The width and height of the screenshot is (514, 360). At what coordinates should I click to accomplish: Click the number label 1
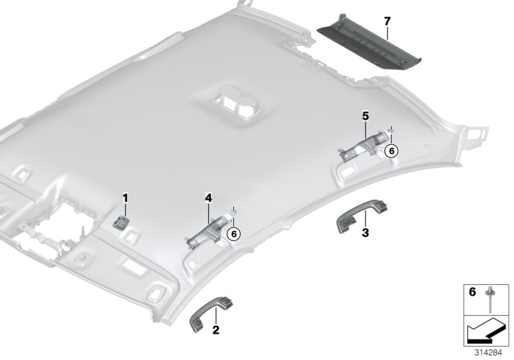click(x=126, y=197)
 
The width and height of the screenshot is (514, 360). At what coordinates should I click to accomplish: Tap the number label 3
click(x=365, y=232)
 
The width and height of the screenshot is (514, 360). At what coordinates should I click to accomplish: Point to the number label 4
click(x=208, y=199)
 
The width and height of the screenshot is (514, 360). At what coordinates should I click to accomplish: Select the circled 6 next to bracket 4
click(x=234, y=233)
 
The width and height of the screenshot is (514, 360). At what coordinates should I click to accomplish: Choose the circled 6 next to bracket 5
click(x=391, y=150)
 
